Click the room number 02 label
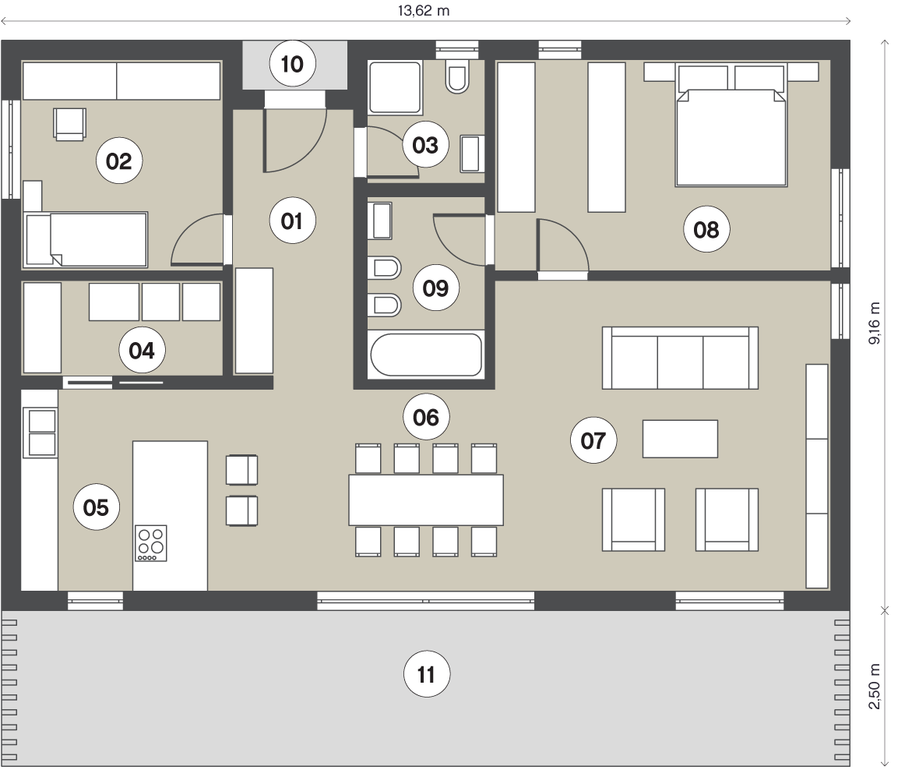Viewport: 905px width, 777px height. pos(119,161)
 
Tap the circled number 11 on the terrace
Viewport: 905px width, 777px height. pos(427,674)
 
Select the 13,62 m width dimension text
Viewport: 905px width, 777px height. pos(424,11)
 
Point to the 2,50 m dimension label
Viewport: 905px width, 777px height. pos(875,687)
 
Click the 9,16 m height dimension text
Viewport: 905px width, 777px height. pos(875,323)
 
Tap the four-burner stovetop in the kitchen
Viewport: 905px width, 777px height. pos(151,543)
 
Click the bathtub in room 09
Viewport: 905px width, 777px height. pos(426,354)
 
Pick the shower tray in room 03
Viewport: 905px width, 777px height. pos(396,87)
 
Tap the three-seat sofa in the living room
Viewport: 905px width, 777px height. pos(680,358)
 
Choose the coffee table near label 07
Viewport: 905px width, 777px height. pos(681,439)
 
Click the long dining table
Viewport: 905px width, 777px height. pos(426,500)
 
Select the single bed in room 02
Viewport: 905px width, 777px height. pos(86,240)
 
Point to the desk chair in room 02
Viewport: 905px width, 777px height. pos(69,124)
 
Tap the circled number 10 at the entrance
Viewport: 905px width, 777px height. pos(293,64)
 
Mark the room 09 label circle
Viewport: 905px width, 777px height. pos(436,288)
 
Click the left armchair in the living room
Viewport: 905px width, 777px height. pos(633,519)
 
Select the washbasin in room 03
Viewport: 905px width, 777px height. pos(470,153)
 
